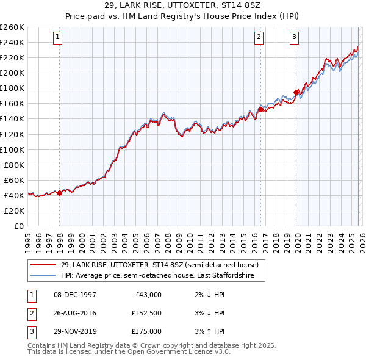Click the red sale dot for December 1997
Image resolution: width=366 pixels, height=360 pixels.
pos(59,193)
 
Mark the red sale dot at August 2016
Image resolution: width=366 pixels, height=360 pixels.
pos(260,109)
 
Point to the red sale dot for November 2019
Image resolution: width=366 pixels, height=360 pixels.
pos(296,92)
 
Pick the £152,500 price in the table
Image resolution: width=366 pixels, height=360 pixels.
pos(146,313)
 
